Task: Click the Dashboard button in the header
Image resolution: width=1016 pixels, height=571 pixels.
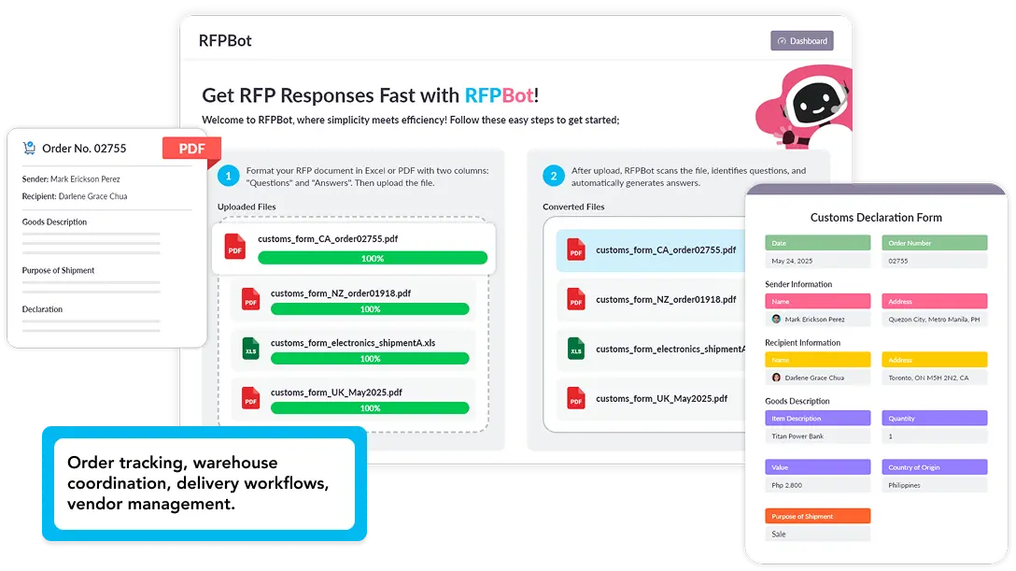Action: pyautogui.click(x=801, y=41)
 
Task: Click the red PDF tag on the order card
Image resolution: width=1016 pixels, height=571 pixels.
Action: pyautogui.click(x=191, y=149)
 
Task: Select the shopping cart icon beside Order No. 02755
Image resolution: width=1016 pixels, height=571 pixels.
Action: pyautogui.click(x=29, y=148)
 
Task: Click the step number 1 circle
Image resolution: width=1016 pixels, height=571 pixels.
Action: pyautogui.click(x=229, y=176)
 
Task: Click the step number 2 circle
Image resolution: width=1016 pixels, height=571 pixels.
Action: pyautogui.click(x=554, y=176)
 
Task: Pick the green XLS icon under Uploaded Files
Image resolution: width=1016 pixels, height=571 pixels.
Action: pyautogui.click(x=250, y=350)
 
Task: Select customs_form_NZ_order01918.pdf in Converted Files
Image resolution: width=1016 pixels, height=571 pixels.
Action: pyautogui.click(x=665, y=300)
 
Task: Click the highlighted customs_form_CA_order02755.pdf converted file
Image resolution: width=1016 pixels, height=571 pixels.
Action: pyautogui.click(x=665, y=250)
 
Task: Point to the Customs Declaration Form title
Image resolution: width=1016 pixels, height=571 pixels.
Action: pyautogui.click(x=876, y=217)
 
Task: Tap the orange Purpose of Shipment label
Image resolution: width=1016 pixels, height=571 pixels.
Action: pyautogui.click(x=817, y=516)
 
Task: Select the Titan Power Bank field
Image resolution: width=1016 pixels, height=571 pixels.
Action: pyautogui.click(x=817, y=436)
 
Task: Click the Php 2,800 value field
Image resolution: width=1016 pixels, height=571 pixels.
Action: pyautogui.click(x=817, y=485)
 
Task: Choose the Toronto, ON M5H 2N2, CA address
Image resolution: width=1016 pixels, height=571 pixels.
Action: pyautogui.click(x=934, y=378)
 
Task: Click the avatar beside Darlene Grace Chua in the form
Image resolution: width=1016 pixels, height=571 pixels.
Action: pyautogui.click(x=776, y=378)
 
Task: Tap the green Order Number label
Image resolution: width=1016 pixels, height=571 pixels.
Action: pyautogui.click(x=934, y=243)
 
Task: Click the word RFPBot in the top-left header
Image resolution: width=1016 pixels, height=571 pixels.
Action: pyautogui.click(x=225, y=40)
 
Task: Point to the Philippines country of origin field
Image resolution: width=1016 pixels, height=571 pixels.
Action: pyautogui.click(x=934, y=485)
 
